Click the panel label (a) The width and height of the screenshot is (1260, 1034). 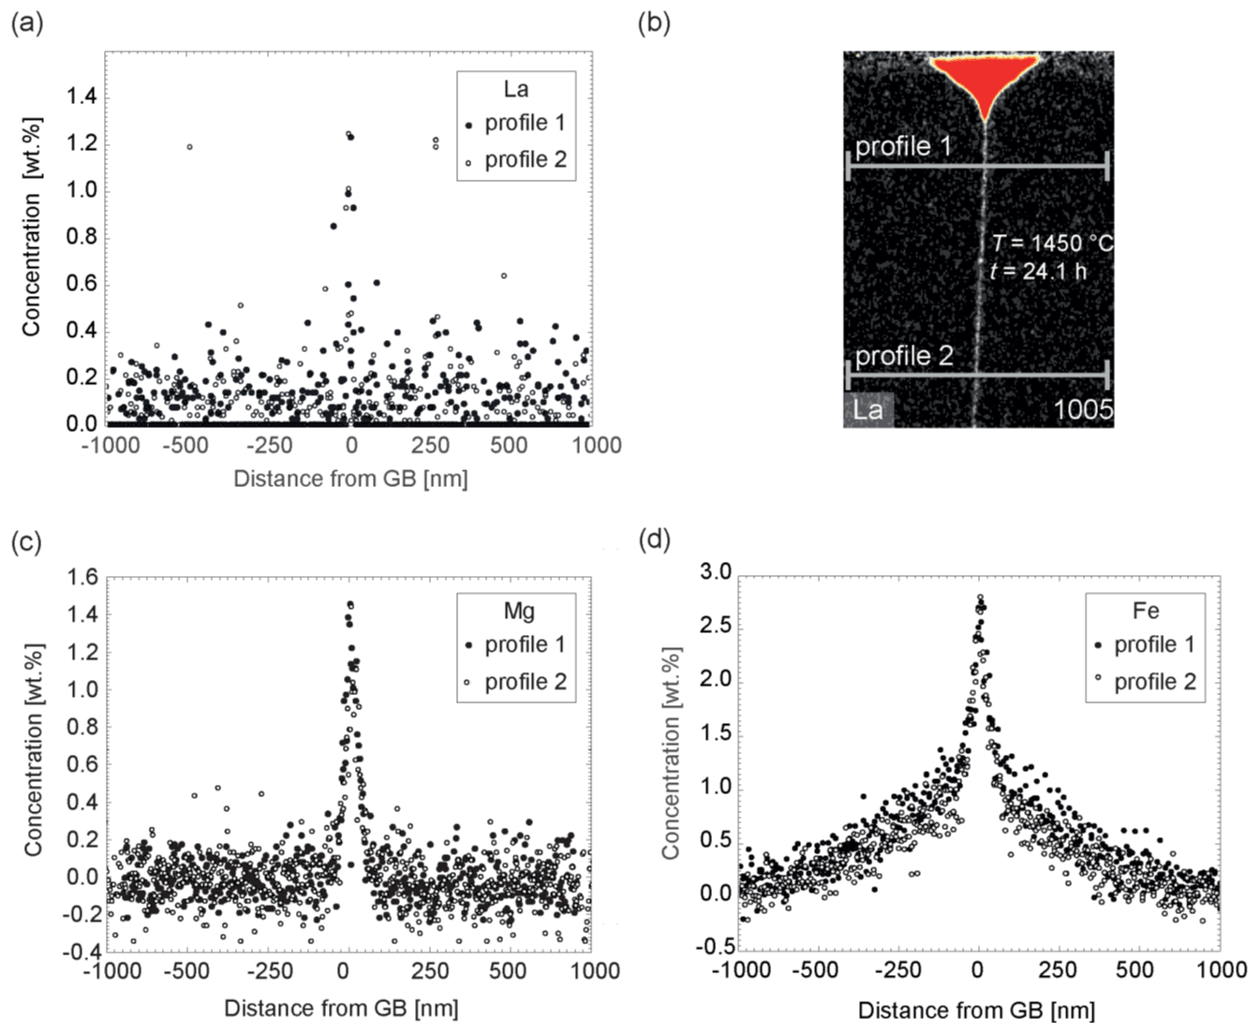click(x=26, y=22)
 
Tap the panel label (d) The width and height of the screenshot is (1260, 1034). click(x=654, y=540)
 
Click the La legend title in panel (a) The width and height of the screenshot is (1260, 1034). click(x=515, y=89)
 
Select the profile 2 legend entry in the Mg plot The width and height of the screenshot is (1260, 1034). click(x=525, y=682)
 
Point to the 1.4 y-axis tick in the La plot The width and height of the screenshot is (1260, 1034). click(x=82, y=96)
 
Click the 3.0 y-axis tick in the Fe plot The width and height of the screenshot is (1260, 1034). click(x=716, y=572)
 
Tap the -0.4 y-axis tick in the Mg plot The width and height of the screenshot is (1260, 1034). click(x=82, y=952)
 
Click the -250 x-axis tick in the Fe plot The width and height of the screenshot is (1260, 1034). click(x=897, y=969)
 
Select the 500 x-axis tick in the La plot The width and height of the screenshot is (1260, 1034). click(x=509, y=445)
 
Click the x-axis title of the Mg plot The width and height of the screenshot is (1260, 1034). click(x=341, y=1009)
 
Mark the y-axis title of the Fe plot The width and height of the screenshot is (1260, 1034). click(x=670, y=752)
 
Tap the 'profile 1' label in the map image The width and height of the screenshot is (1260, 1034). click(x=903, y=146)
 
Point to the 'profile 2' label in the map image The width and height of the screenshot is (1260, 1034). click(x=904, y=356)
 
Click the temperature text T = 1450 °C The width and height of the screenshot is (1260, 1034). click(x=1052, y=244)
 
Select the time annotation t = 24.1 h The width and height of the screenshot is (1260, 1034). click(x=1038, y=272)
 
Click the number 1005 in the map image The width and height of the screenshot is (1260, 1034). click(x=1083, y=409)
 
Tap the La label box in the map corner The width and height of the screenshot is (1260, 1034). click(x=867, y=409)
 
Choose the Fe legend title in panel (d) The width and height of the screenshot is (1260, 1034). click(x=1146, y=611)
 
